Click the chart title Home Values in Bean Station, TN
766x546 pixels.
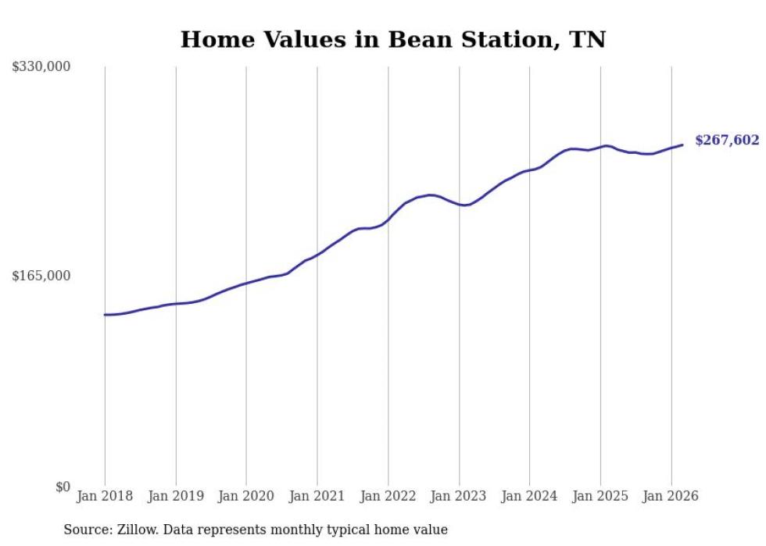392,39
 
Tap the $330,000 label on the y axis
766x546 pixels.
41,67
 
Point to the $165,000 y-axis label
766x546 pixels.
41,276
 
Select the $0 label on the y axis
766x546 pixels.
63,487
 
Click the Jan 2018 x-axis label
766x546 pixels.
105,496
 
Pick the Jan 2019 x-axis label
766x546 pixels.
176,496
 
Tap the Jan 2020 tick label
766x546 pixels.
246,496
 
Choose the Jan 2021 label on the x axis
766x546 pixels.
317,496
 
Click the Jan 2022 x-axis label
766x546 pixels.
388,496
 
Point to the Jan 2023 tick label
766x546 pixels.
459,496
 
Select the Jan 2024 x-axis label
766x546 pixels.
529,496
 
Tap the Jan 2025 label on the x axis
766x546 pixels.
600,496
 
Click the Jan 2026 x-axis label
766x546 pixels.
671,496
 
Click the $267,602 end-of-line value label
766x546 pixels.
727,141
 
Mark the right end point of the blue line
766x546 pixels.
682,145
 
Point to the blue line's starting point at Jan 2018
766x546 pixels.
105,315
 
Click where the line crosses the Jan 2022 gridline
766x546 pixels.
388,219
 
